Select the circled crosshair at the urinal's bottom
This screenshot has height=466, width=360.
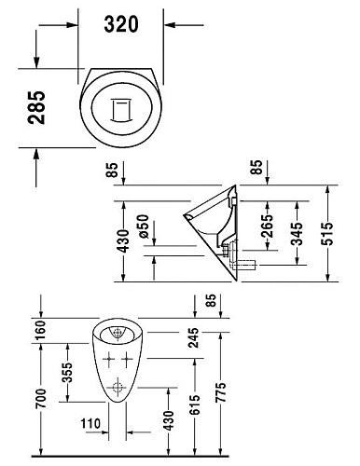(118, 390)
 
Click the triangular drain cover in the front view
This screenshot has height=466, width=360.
(118, 331)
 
